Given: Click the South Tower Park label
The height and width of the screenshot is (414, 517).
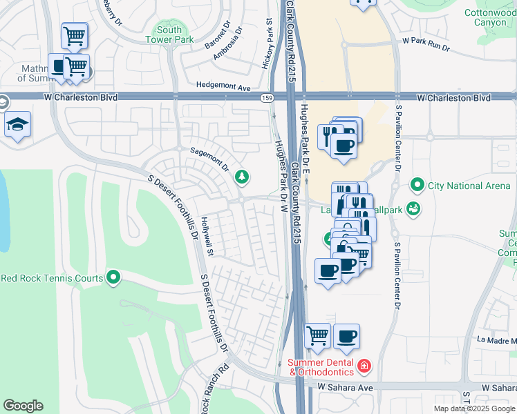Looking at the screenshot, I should [x=169, y=34].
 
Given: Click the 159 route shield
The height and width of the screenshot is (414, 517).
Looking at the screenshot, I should [x=265, y=99].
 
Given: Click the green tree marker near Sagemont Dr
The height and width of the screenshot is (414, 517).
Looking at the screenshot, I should [x=241, y=177].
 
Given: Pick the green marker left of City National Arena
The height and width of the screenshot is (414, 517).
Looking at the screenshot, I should [x=417, y=185].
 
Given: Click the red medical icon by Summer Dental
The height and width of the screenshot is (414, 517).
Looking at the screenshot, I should [x=364, y=364].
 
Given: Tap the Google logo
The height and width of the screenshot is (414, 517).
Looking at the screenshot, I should [x=23, y=405].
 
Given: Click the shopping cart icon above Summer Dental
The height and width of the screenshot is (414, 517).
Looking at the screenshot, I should [x=317, y=336].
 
